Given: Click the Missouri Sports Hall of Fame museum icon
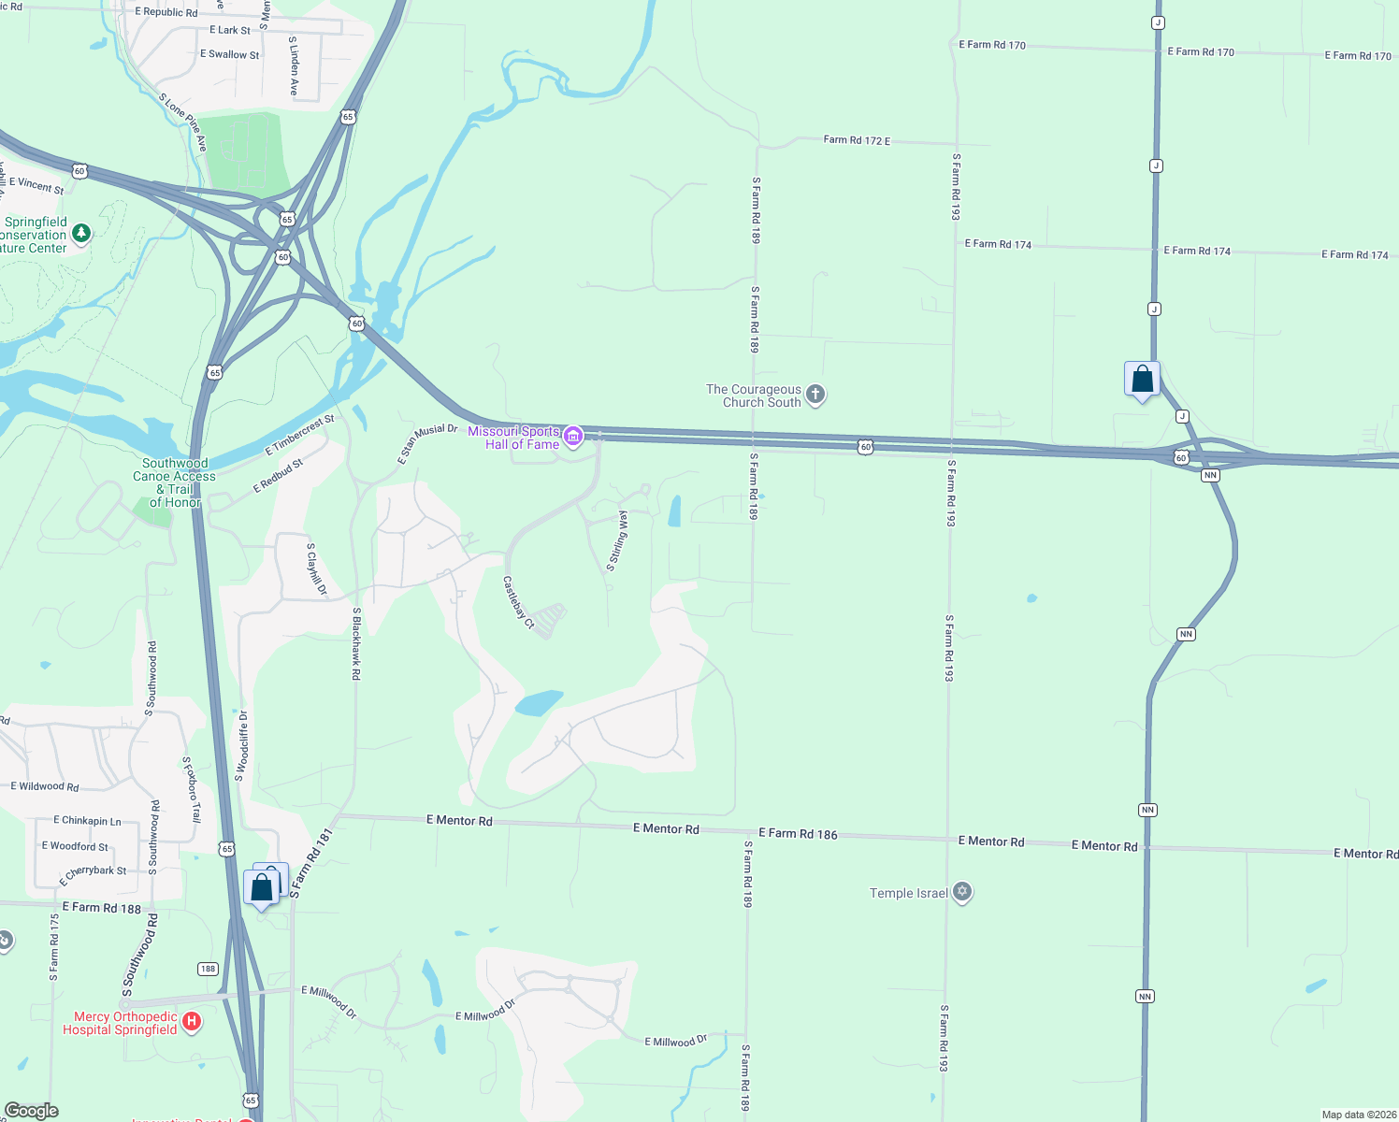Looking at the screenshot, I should (573, 437).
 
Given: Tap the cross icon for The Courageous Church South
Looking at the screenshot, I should (815, 395).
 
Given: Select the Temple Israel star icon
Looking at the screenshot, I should (962, 892).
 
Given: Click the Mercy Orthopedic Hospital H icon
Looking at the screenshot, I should (192, 1021).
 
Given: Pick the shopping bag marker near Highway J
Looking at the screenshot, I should (1142, 380).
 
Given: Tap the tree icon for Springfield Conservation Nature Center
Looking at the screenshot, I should (81, 233).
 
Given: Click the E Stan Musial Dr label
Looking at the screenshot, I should (427, 443).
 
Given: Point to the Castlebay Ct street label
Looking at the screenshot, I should (517, 602).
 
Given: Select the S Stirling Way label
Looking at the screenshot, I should (617, 540).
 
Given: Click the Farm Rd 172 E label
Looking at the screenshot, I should (857, 140).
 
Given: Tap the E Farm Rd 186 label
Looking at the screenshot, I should (798, 833).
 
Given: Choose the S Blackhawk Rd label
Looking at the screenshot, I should (356, 643).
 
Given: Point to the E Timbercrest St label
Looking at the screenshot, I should (299, 435).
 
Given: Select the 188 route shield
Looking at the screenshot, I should (208, 969).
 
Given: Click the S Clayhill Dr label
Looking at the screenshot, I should (317, 568).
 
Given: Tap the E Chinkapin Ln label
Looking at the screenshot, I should (87, 820).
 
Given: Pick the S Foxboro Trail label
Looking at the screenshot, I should (192, 789).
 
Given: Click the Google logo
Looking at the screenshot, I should (31, 1111).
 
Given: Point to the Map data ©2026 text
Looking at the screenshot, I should (1359, 1115).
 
